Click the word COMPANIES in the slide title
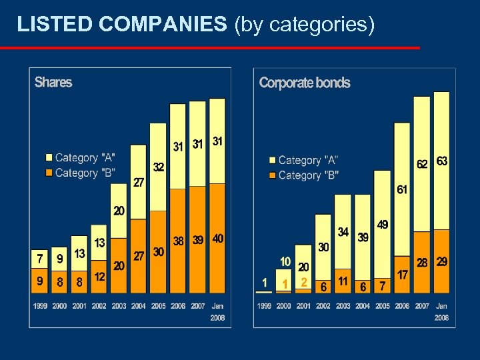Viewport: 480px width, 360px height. [x=163, y=25]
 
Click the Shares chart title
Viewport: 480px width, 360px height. [x=53, y=82]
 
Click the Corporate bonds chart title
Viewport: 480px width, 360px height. [x=304, y=83]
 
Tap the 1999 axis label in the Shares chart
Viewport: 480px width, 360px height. [x=40, y=305]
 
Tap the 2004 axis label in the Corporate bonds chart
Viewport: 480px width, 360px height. [x=363, y=306]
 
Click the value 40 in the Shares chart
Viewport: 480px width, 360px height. [x=217, y=238]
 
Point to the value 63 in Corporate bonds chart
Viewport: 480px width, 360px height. [x=442, y=162]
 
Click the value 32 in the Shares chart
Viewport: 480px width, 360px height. [x=159, y=167]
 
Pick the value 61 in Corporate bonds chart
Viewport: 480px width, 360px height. [x=402, y=190]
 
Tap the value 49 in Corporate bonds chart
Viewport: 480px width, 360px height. [x=383, y=225]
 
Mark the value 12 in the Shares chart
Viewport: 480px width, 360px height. [x=99, y=276]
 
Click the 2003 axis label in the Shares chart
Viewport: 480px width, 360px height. [x=119, y=305]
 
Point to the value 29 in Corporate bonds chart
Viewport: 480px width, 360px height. [x=442, y=262]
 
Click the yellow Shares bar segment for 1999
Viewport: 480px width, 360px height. [x=40, y=258]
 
